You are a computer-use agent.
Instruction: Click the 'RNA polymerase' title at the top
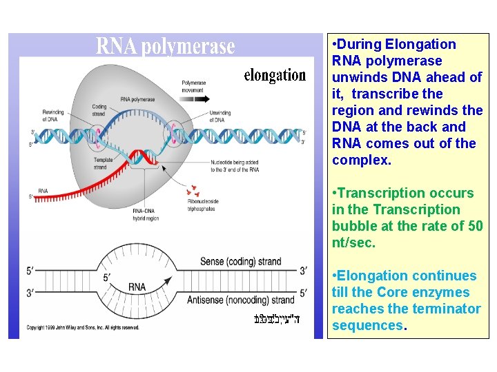[165, 46]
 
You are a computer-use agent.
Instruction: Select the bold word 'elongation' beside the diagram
[275, 75]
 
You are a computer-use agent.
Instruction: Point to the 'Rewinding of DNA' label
[53, 115]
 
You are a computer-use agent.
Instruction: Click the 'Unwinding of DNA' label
[220, 115]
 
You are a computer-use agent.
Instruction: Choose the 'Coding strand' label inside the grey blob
[99, 111]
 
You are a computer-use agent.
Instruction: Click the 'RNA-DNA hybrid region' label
[147, 215]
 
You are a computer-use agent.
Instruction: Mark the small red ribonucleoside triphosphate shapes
[193, 189]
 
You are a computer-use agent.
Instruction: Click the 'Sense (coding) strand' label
[240, 262]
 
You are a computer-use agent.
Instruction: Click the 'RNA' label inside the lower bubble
[137, 287]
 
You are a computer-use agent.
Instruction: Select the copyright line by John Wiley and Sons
[83, 327]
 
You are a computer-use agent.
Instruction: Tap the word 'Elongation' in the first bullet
[420, 44]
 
